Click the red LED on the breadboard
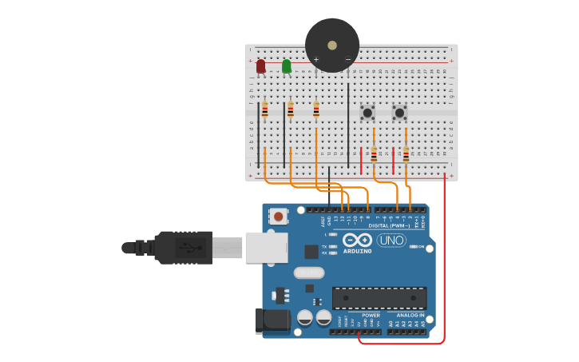pos(260,66)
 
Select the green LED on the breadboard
pos(287,66)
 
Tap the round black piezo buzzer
pos(332,45)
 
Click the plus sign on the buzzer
pos(315,59)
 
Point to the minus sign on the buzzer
pos(347,59)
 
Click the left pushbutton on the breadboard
pos(367,113)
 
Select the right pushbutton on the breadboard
pos(399,113)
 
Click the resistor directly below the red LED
pos(265,109)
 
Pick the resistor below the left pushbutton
pos(374,153)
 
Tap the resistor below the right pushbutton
pos(406,153)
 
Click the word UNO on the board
pos(391,240)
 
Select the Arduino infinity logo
pos(357,240)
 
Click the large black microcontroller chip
pos(379,298)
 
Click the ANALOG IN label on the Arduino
pos(410,315)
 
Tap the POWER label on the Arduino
pos(371,315)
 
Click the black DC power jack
pos(272,321)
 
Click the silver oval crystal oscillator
pos(309,272)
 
